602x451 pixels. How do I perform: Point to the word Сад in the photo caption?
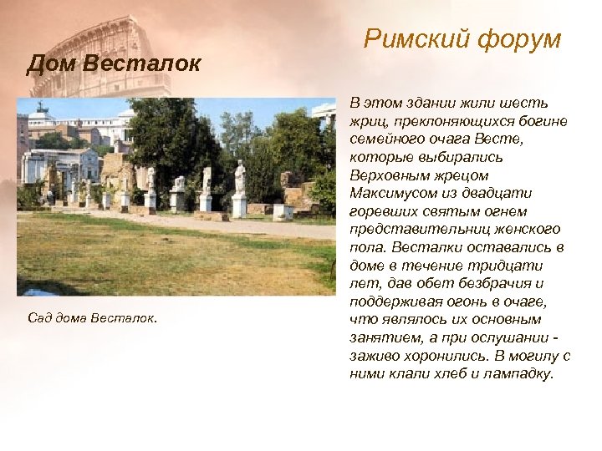pyautogui.click(x=40, y=318)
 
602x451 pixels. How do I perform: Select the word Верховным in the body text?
pyautogui.click(x=390, y=175)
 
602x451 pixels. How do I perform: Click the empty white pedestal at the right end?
pyautogui.click(x=283, y=210)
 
